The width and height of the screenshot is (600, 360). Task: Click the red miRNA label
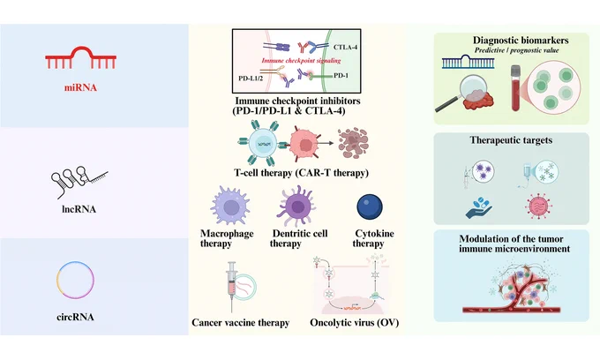[x=80, y=87]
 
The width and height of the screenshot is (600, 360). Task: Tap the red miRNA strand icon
[x=81, y=57]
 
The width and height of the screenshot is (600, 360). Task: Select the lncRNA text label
[x=79, y=209]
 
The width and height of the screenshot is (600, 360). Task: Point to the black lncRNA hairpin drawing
[x=79, y=182]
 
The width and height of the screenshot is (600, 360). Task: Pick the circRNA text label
[x=75, y=317]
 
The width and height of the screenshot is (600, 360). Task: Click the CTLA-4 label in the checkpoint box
[x=346, y=47]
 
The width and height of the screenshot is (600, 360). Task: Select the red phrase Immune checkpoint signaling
[x=301, y=60]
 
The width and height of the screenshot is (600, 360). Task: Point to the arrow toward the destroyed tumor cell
[x=324, y=144]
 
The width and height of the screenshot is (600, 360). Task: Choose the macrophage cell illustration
[x=230, y=206]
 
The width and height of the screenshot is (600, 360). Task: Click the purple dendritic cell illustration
[x=297, y=206]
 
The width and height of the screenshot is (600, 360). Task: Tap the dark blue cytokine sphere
[x=370, y=207]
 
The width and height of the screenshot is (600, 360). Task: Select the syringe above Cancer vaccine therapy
[x=231, y=286]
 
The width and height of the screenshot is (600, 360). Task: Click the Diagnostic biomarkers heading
[x=521, y=41]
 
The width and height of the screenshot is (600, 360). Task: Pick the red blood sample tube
[x=516, y=88]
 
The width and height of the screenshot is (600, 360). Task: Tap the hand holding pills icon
[x=479, y=207]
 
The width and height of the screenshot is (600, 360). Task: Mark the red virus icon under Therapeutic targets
[x=539, y=206]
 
